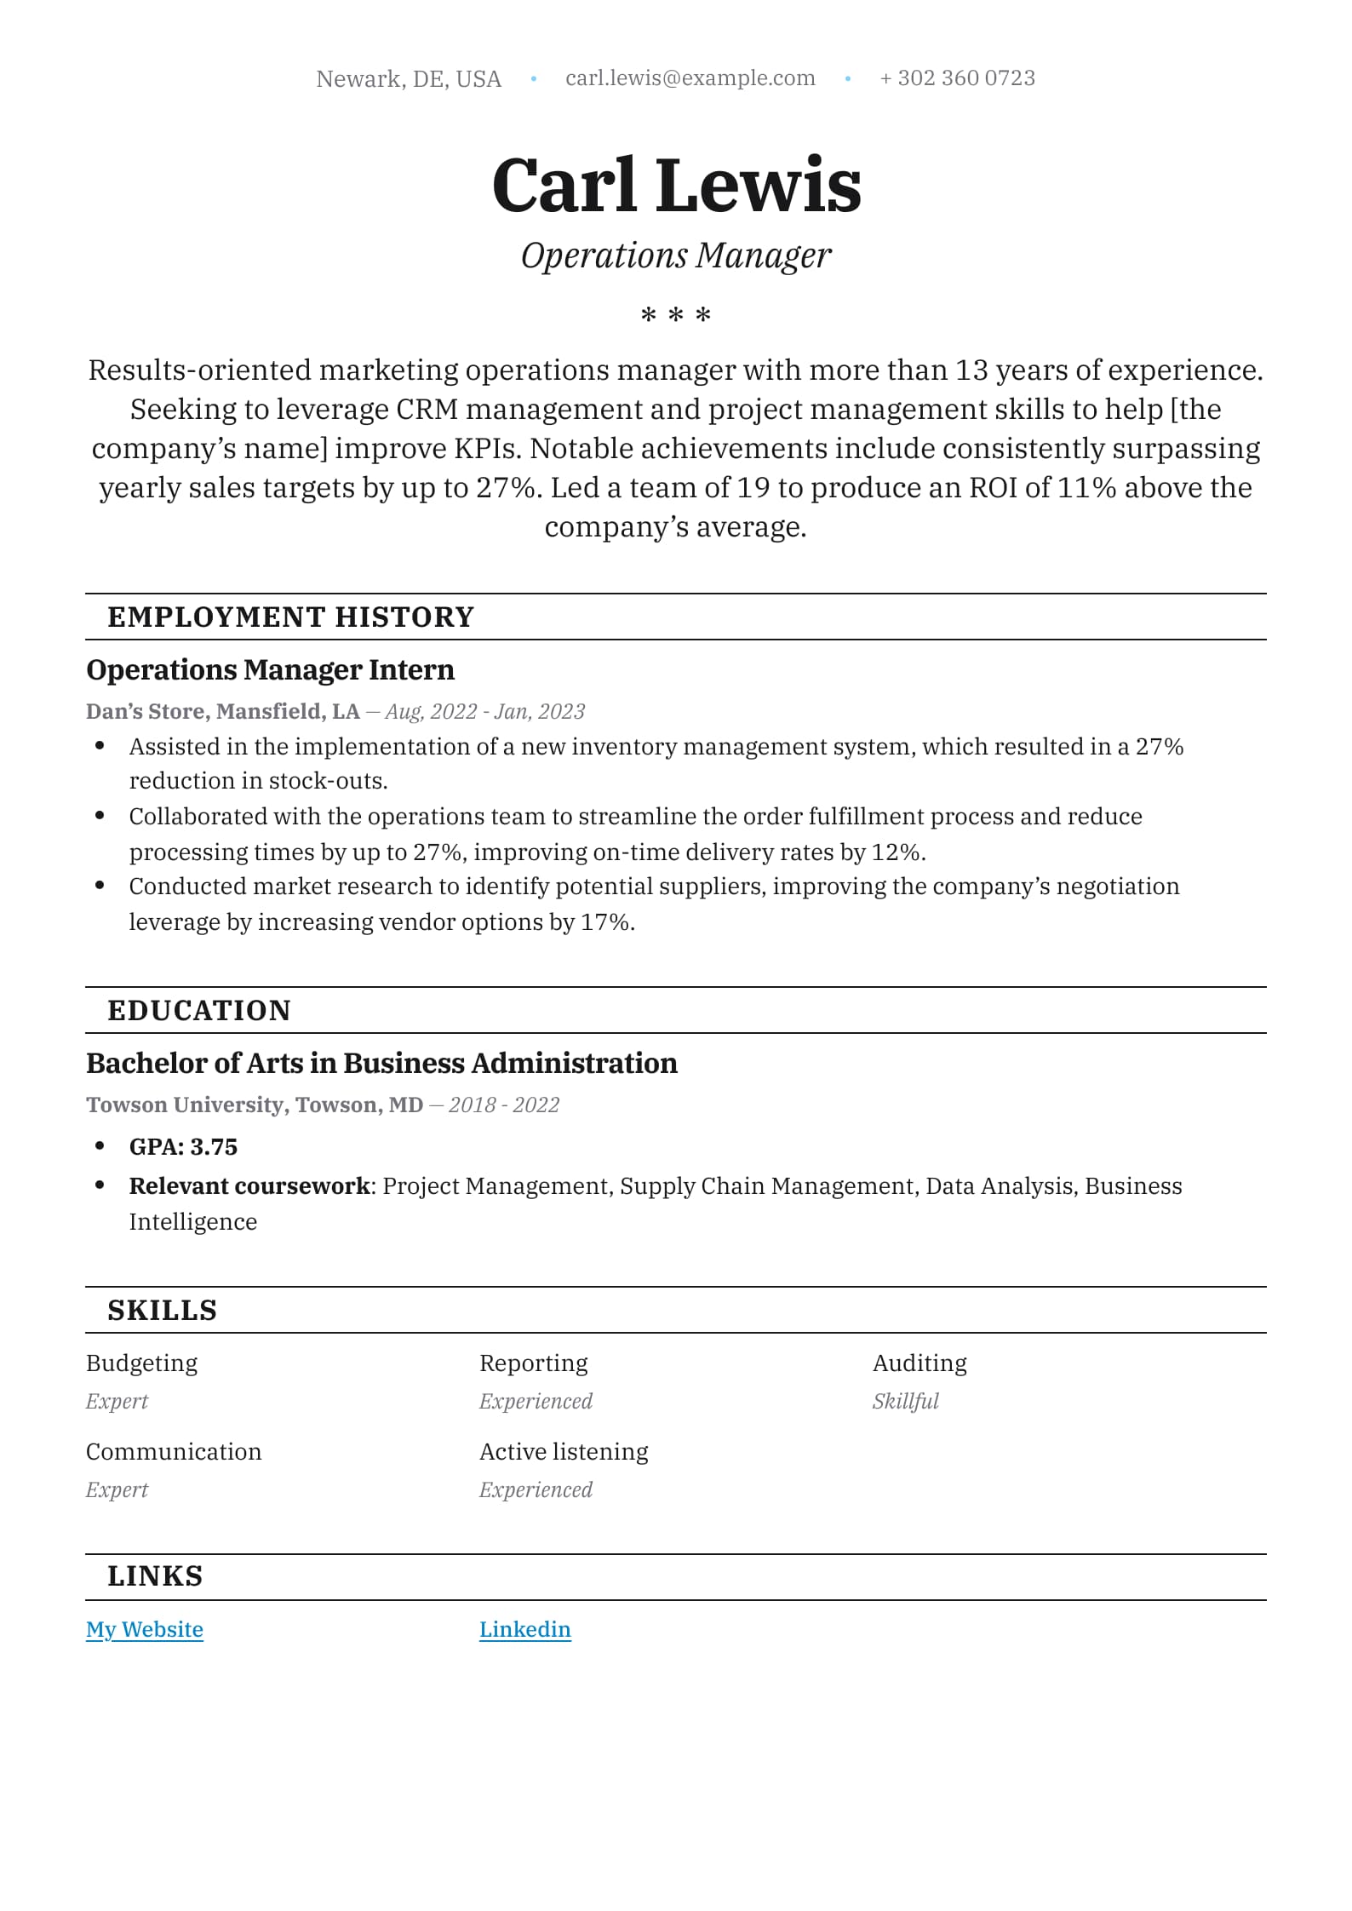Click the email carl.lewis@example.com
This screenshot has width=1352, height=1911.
tap(690, 78)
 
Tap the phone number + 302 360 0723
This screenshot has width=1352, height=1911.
tap(957, 78)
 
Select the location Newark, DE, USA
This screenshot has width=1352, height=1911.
tap(409, 79)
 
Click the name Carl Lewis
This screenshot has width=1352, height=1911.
tap(676, 185)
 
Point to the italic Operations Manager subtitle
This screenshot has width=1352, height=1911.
tap(675, 255)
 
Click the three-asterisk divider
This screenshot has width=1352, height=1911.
tap(675, 316)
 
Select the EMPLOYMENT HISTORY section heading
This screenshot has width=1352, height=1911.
tap(290, 617)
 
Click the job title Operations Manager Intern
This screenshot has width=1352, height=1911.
tap(270, 670)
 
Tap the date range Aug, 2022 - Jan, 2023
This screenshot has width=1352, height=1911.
tap(484, 712)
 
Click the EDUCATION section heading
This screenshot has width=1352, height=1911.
tap(199, 1010)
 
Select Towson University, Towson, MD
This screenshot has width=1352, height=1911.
tap(255, 1105)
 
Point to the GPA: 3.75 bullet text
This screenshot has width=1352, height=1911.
tap(183, 1147)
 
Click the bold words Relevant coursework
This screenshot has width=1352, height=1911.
tap(249, 1186)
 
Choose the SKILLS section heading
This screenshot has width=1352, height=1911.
tap(162, 1310)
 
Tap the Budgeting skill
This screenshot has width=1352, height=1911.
tap(141, 1363)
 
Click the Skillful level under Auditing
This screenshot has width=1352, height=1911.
tap(905, 1402)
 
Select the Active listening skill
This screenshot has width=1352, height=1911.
tap(564, 1452)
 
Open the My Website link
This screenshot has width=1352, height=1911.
tap(145, 1629)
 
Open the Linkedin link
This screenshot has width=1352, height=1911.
tap(524, 1629)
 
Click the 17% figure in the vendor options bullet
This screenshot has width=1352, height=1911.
tap(605, 922)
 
